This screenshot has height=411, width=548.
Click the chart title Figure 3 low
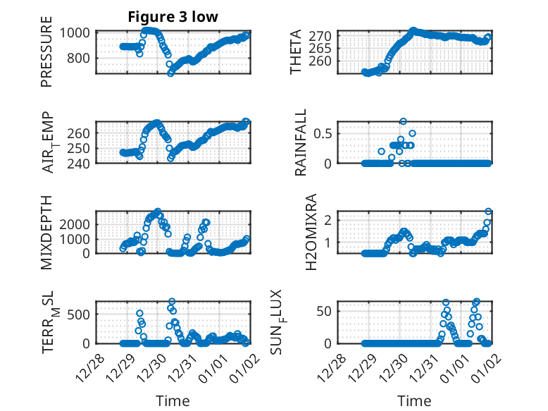point(173,17)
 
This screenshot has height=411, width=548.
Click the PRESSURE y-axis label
point(47,57)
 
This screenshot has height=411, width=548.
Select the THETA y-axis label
point(296,52)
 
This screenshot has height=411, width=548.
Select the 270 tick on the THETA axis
point(321,35)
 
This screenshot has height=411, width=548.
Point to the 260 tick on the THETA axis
point(321,61)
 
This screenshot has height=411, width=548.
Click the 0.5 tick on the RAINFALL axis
point(323,133)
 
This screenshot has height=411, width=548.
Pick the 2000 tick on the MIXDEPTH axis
point(73,223)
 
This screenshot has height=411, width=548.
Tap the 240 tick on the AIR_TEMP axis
point(79,164)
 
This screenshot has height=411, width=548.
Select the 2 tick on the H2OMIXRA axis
point(328,219)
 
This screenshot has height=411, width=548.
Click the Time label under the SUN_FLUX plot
point(414,401)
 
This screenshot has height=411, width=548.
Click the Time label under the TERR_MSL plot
point(173,401)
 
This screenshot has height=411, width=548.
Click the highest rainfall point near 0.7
point(403,121)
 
